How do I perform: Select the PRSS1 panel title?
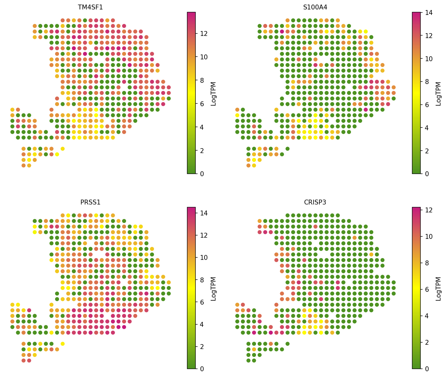click(x=90, y=202)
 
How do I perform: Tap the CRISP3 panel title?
click(x=315, y=202)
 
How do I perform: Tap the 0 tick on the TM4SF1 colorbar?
click(x=201, y=174)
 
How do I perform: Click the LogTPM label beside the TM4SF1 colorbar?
click(x=213, y=93)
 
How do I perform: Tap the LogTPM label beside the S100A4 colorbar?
click(x=438, y=93)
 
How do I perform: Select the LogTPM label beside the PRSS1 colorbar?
click(x=213, y=288)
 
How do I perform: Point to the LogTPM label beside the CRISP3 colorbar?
click(x=438, y=288)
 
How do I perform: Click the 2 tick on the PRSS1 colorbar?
click(x=201, y=347)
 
